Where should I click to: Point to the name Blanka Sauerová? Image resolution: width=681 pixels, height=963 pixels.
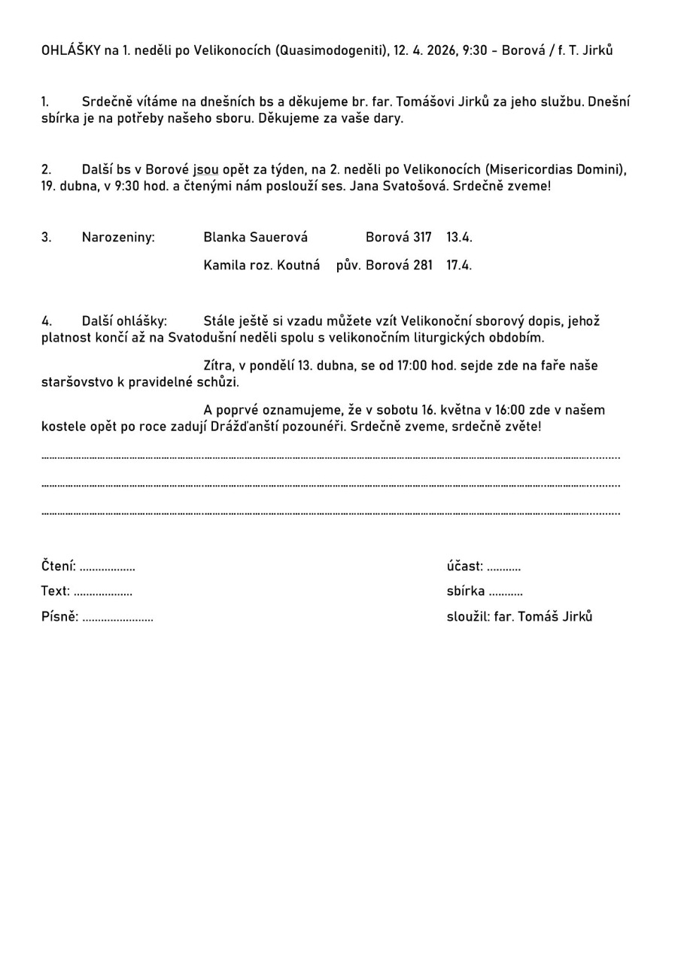click(255, 238)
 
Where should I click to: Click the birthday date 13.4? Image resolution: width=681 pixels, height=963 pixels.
click(459, 238)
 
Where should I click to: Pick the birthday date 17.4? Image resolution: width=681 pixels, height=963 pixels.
click(459, 266)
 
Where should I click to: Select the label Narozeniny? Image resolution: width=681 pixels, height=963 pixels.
click(118, 238)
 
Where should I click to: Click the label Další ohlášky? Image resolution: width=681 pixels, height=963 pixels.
click(124, 321)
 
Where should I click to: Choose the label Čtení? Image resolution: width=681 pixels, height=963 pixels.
click(59, 567)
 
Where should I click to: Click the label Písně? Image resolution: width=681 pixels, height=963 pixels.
click(59, 617)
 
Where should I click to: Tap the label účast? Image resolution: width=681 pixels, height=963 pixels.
click(464, 567)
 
